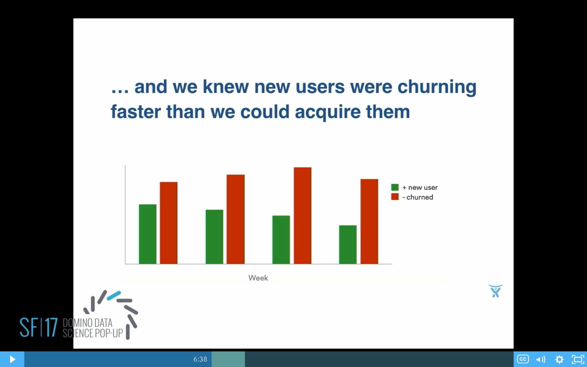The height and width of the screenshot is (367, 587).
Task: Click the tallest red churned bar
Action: click(302, 216)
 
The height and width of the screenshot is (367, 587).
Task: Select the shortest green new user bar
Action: click(348, 245)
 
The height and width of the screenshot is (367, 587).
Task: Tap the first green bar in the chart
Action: click(147, 234)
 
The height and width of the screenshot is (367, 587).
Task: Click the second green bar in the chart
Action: click(214, 237)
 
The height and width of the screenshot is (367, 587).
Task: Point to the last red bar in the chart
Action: click(369, 221)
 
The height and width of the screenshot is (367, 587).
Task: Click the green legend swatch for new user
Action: click(395, 187)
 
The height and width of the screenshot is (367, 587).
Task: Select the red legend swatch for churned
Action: click(395, 197)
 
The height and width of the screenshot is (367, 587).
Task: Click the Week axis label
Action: click(258, 278)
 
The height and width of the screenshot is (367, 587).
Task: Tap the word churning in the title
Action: click(437, 87)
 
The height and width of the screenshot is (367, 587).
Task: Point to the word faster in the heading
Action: click(135, 112)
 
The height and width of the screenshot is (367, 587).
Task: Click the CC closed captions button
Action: click(523, 359)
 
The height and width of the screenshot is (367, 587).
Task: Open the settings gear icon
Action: click(559, 359)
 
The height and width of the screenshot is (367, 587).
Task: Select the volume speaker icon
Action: click(541, 359)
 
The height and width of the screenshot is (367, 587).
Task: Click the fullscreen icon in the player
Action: click(578, 359)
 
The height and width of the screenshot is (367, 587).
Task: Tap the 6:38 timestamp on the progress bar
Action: click(200, 359)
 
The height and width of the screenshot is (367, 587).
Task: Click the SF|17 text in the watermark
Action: click(39, 328)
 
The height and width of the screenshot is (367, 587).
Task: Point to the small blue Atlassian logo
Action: click(495, 291)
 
